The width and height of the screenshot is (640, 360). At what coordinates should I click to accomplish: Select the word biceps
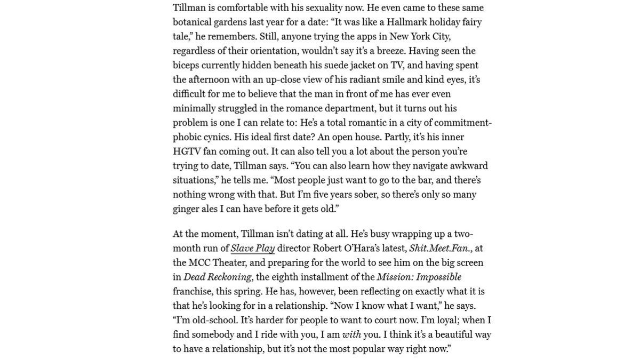pyautogui.click(x=187, y=65)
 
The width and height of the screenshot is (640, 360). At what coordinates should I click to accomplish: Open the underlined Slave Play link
pyautogui.click(x=252, y=249)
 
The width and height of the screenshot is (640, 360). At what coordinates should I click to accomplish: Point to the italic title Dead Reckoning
pyautogui.click(x=217, y=277)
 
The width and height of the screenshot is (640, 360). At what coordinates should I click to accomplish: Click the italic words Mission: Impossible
pyautogui.click(x=419, y=277)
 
